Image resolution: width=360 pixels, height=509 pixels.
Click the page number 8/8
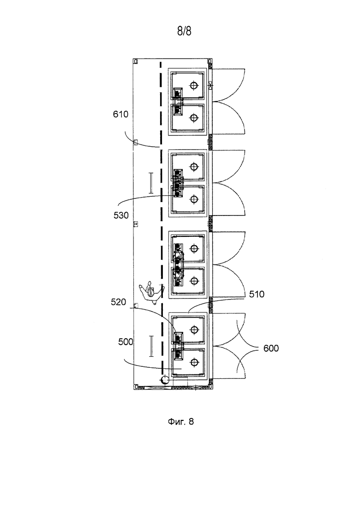pyautogui.click(x=184, y=31)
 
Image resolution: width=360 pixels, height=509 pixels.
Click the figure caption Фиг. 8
pyautogui.click(x=181, y=421)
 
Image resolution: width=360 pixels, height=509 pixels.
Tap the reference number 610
pyautogui.click(x=121, y=114)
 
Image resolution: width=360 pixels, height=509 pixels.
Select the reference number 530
pyautogui.click(x=121, y=215)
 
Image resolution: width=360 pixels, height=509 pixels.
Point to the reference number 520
pyautogui.click(x=118, y=302)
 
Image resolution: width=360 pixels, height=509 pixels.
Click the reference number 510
pyautogui.click(x=257, y=294)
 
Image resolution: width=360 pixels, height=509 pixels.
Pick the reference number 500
pyautogui.click(x=126, y=342)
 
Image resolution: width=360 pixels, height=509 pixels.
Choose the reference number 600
pyautogui.click(x=271, y=348)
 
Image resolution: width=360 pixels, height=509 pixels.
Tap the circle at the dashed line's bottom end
pyautogui.click(x=165, y=379)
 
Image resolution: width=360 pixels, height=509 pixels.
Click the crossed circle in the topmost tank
pyautogui.click(x=194, y=86)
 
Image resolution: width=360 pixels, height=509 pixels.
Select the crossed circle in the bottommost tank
pyautogui.click(x=194, y=362)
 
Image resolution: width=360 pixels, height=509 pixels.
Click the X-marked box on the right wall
pyautogui.click(x=210, y=86)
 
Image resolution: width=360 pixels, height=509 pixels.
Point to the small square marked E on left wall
pyautogui.click(x=136, y=224)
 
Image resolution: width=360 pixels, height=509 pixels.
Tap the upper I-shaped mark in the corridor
pyautogui.click(x=150, y=183)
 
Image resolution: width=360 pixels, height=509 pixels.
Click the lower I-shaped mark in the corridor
pyautogui.click(x=151, y=347)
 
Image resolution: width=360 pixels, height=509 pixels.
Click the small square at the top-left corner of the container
pyautogui.click(x=136, y=61)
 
